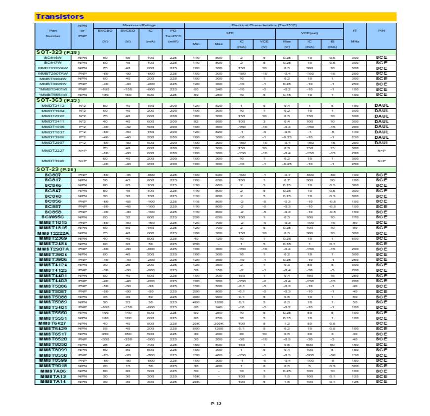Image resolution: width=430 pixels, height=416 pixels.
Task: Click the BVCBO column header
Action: (105, 31)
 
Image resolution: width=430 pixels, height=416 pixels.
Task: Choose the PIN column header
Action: (381, 31)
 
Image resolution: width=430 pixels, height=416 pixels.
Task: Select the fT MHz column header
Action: (354, 36)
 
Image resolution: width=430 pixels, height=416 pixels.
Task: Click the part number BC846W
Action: (53, 58)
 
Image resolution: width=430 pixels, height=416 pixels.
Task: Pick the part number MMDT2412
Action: (53, 106)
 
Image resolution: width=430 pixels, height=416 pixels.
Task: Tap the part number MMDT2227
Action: (53, 150)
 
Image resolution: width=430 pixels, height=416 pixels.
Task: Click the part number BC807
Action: (53, 175)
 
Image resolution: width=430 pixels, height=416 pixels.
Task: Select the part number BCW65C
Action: (53, 217)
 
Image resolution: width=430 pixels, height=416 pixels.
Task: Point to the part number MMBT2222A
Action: (53, 233)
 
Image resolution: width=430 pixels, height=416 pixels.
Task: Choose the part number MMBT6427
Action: (53, 323)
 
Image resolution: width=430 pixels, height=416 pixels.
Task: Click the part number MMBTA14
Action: (53, 381)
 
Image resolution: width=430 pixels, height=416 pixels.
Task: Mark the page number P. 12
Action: (216, 404)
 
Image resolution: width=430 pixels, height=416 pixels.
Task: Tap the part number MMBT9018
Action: (53, 366)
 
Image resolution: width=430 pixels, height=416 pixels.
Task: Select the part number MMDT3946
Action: (53, 161)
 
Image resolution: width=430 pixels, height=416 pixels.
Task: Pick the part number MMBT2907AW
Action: (53, 73)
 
